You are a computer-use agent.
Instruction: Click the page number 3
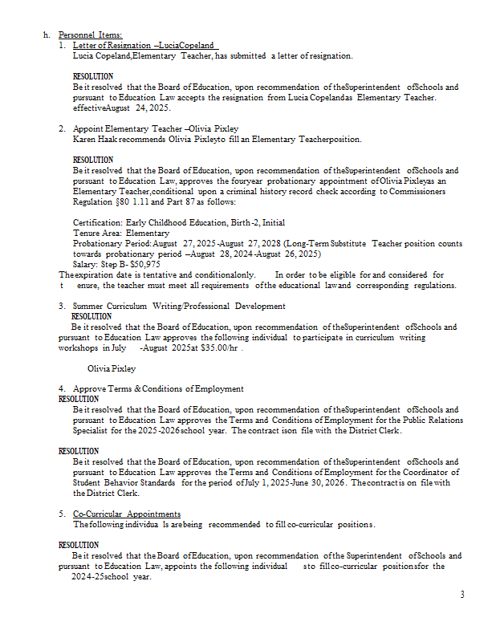(x=462, y=594)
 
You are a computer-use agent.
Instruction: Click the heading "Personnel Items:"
(x=90, y=35)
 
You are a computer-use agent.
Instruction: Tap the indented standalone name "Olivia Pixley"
(x=112, y=368)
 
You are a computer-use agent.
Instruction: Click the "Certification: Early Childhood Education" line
(x=178, y=222)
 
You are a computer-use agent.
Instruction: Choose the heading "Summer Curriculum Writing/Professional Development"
(x=179, y=306)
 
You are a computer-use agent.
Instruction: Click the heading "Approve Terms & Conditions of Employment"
(x=158, y=388)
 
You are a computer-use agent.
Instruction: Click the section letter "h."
(x=47, y=35)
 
